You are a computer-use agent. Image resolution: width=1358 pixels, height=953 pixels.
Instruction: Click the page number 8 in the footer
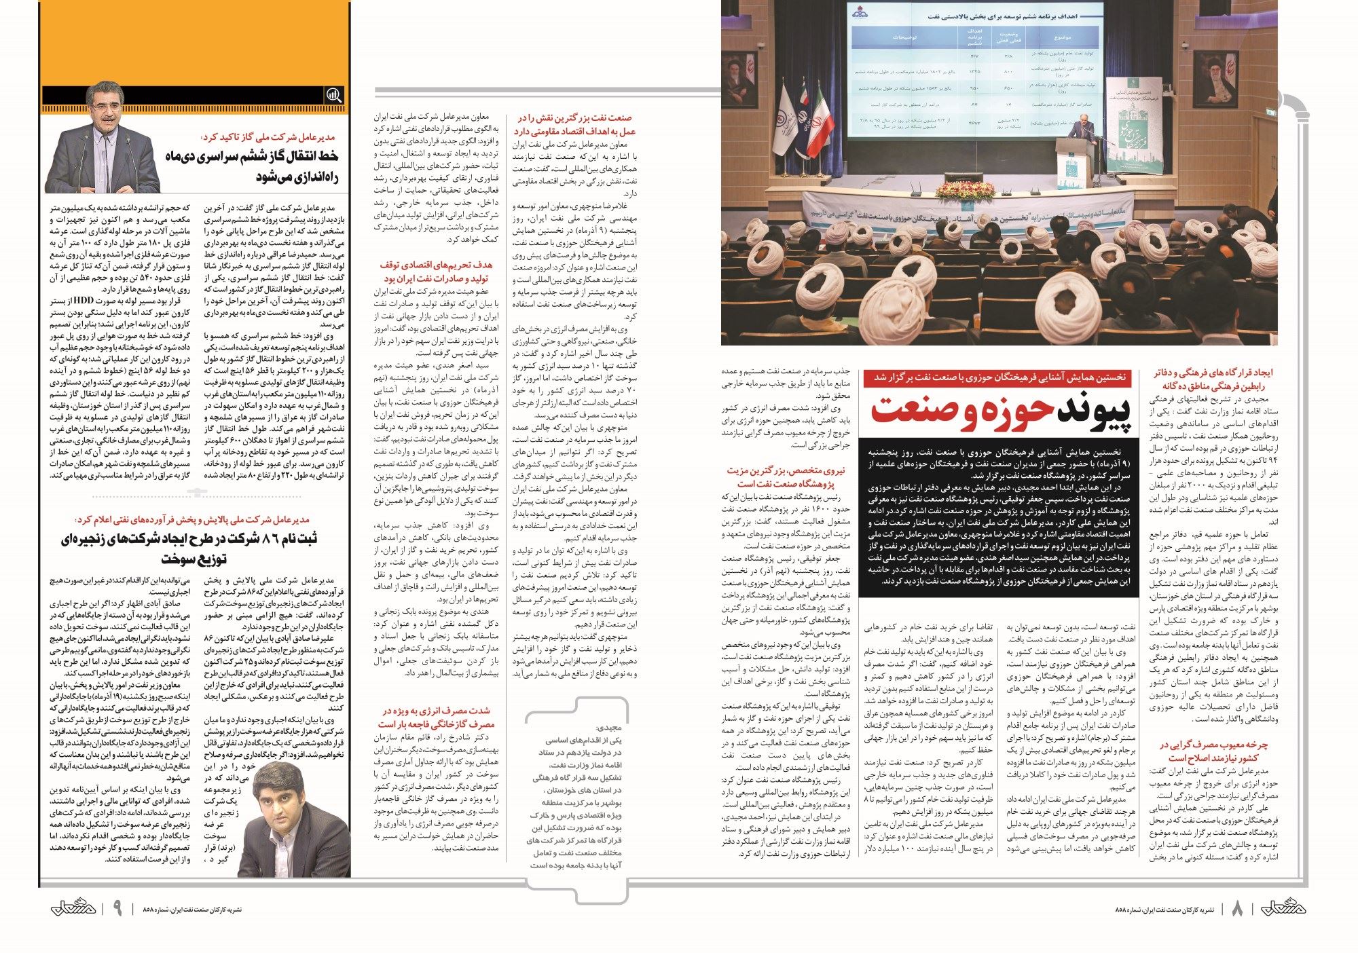click(x=1236, y=908)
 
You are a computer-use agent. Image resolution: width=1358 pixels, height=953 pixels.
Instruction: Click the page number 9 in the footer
click(x=117, y=908)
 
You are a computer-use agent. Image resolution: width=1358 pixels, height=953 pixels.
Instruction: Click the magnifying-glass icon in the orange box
click(x=334, y=96)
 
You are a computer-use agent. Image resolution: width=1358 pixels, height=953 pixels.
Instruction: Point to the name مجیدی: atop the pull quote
click(x=608, y=727)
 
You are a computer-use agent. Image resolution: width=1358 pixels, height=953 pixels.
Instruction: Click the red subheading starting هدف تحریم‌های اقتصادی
click(x=437, y=272)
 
